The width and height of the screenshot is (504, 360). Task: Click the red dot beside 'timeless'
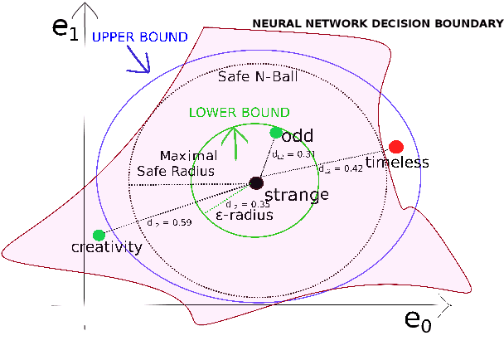coord(396,147)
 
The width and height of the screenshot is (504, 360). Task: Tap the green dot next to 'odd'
coord(276,132)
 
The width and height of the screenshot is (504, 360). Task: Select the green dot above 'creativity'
coord(99,235)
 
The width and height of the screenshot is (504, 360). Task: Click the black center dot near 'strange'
coord(256,182)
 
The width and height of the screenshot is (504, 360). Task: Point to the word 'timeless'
coord(397,163)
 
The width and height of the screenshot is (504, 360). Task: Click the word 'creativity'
coord(106,248)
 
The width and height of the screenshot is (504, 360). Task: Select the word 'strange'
coord(296,196)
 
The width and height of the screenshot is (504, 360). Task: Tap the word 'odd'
coord(297,136)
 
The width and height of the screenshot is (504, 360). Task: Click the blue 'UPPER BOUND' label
coord(139,37)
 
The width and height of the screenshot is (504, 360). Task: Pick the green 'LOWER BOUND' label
coord(240,112)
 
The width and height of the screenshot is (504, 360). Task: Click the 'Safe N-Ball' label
coord(257,77)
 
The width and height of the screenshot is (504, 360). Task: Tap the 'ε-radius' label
coord(245,215)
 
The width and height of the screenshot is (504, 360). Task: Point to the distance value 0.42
coord(341,168)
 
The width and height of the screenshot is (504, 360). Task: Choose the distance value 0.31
coord(295,154)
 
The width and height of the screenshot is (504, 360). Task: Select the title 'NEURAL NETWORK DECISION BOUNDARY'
coord(377,24)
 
